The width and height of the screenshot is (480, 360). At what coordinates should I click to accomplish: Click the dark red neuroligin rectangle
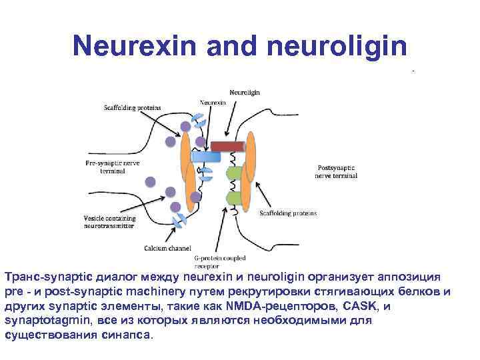(x=227, y=146)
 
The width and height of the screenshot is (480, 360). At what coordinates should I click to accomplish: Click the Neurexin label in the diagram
(x=213, y=103)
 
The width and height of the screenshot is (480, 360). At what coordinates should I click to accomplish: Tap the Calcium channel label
(x=163, y=248)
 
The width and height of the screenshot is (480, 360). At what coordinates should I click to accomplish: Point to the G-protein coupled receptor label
(x=220, y=261)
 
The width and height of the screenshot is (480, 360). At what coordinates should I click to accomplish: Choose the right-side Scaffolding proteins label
(x=289, y=213)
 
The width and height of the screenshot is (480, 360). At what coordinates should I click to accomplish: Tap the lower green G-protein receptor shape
(x=234, y=197)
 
